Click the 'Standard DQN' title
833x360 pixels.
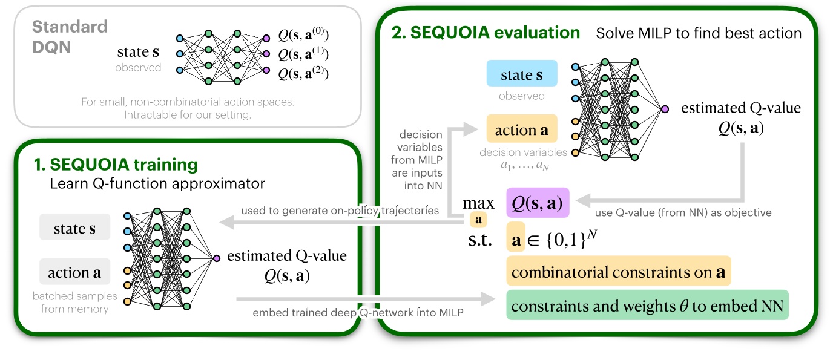[x=69, y=36]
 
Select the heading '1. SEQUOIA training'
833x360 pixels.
[x=116, y=164]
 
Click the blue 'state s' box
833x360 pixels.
[x=521, y=76]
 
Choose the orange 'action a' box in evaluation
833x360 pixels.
[x=521, y=130]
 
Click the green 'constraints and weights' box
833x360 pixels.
[x=647, y=306]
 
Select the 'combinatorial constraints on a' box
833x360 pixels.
[x=618, y=272]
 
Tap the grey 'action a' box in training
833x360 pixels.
[x=74, y=272]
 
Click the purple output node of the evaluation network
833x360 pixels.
[x=665, y=109]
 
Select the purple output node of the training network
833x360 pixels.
[x=217, y=258]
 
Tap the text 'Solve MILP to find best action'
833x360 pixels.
[x=699, y=33]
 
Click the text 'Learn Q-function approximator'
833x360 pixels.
[x=157, y=183]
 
